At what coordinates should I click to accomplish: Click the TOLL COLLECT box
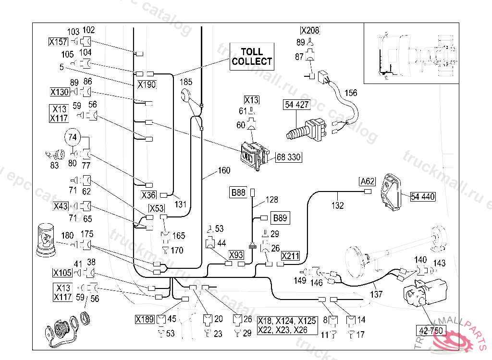(252, 57)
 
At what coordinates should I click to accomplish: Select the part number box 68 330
(289, 157)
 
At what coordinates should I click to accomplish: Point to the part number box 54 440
(422, 196)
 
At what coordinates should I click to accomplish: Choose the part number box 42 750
(430, 330)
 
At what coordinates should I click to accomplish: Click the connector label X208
(310, 30)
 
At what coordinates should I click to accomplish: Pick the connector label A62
(367, 181)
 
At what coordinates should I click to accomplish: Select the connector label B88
(238, 193)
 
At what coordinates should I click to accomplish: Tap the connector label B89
(280, 218)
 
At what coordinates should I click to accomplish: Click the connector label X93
(236, 254)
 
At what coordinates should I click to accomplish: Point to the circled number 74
(72, 137)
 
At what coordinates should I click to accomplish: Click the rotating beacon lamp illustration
(47, 239)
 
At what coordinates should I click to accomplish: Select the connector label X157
(58, 42)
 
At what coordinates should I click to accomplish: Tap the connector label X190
(147, 84)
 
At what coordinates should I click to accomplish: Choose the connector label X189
(145, 319)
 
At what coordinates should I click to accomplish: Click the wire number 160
(224, 170)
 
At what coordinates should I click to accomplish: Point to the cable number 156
(351, 93)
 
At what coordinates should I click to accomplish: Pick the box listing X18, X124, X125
(287, 325)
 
